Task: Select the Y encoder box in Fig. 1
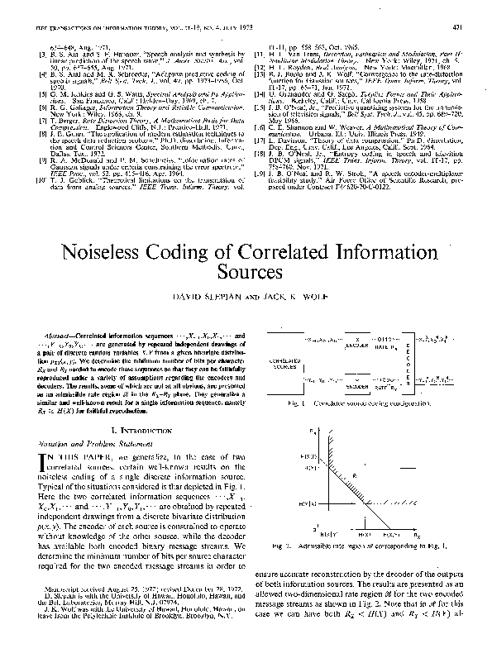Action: pos(354,386)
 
